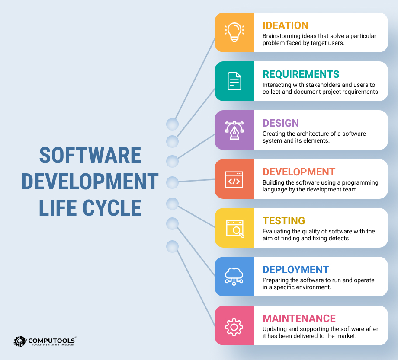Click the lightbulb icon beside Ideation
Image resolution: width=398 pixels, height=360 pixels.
coord(234,32)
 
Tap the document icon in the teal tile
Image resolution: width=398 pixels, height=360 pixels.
coord(234,81)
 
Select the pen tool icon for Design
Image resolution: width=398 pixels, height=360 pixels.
coord(234,130)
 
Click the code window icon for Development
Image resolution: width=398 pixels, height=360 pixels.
coord(234,179)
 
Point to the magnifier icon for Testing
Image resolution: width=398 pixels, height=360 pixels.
coord(234,228)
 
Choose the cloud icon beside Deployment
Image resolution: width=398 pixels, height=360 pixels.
coord(234,277)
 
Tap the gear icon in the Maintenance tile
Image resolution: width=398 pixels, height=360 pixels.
coord(234,325)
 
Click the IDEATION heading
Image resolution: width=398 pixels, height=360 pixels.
coord(286,25)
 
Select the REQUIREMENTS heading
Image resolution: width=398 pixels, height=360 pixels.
coord(301,74)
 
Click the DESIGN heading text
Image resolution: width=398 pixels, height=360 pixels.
coord(281,123)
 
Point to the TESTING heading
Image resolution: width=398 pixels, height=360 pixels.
coord(284,220)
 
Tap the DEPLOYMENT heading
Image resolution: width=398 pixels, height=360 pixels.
coord(295,269)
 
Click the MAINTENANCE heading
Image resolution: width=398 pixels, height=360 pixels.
coord(299,318)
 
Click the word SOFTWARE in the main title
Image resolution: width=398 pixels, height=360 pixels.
coord(90,156)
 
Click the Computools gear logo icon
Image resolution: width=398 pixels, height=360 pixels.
coord(20,341)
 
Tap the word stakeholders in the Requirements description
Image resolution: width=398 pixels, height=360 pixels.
coord(318,85)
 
